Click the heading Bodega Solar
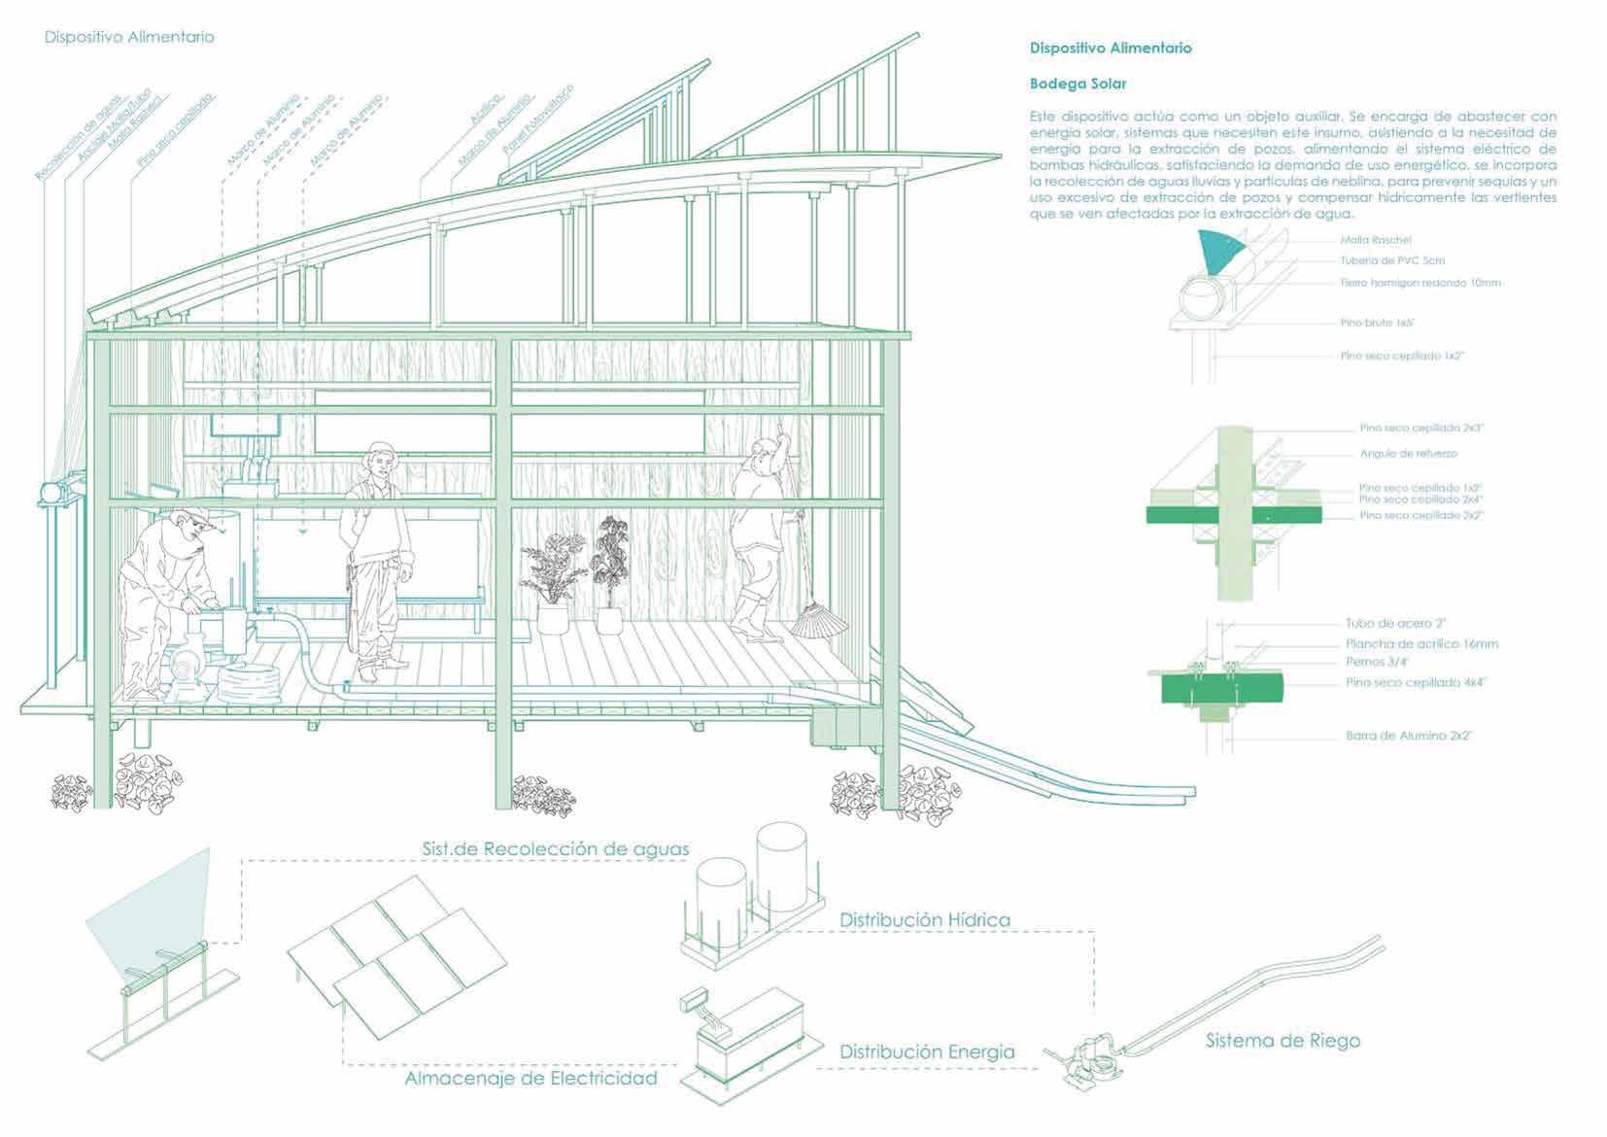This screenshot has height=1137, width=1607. coord(1077,84)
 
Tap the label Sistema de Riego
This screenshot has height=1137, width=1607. coord(1282,1041)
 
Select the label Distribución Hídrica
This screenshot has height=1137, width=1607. coord(925,919)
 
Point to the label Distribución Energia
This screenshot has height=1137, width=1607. coord(927,1051)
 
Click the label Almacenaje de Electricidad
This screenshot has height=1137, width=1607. coord(530,1079)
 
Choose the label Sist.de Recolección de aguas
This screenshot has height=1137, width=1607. coord(555,848)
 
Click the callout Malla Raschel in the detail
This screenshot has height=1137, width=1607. coord(1376,240)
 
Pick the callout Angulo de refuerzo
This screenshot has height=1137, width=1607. coord(1408,454)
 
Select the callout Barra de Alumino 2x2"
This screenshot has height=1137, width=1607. coord(1409,736)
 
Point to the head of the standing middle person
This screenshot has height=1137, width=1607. coord(381,458)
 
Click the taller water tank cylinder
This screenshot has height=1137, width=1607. coord(781,855)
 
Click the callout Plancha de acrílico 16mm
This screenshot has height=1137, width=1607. coord(1421,643)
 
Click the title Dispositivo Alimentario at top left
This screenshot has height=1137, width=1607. coord(129,37)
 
